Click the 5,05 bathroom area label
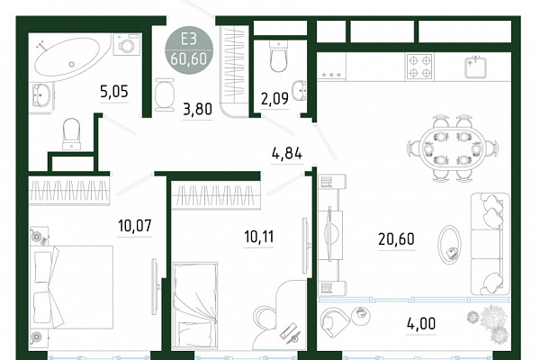tap(114, 92)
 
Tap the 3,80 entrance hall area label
tap(197, 109)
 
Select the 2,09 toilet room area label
tap(274, 99)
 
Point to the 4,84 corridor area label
tap(287, 153)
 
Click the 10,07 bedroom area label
tap(135, 226)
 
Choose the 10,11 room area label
tap(258, 237)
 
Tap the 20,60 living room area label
tap(396, 238)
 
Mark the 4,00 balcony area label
tap(421, 323)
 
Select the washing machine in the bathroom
tap(127, 44)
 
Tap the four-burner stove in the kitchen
tap(419, 67)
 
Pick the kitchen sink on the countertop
tap(475, 67)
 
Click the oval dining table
tap(453, 148)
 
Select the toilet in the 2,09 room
tap(278, 56)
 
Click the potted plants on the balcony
tap(489, 323)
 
